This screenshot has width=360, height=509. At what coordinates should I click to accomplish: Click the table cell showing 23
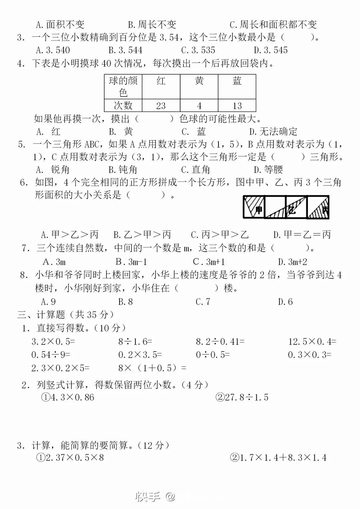pyautogui.click(x=161, y=106)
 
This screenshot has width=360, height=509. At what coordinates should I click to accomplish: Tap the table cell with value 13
pyautogui.click(x=237, y=106)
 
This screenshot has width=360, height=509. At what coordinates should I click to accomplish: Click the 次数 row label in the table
pyautogui.click(x=123, y=106)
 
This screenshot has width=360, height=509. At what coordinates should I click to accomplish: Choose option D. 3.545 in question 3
pyautogui.click(x=271, y=50)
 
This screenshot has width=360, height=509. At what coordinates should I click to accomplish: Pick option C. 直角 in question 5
pyautogui.click(x=196, y=170)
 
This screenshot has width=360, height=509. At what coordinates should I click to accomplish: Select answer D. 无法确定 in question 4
pyautogui.click(x=273, y=131)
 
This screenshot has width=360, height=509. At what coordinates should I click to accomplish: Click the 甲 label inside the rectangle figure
pyautogui.click(x=258, y=210)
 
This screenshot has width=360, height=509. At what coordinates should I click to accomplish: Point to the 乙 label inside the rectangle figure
pyautogui.click(x=292, y=210)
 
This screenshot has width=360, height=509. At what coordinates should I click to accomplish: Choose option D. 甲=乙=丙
pyautogui.click(x=302, y=235)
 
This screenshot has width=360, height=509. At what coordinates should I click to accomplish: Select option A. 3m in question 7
pyautogui.click(x=54, y=262)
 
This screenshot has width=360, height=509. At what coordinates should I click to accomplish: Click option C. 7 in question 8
pyautogui.click(x=203, y=302)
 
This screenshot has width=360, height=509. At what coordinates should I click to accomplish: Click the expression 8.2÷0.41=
pyautogui.click(x=220, y=342)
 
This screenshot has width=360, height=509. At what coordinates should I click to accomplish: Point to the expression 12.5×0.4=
pyautogui.click(x=312, y=342)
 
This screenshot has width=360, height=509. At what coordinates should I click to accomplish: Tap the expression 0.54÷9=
pyautogui.click(x=51, y=355)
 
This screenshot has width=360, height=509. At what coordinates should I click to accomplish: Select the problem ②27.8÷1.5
pyautogui.click(x=242, y=397)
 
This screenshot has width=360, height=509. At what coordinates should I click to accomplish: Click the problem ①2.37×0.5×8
pyautogui.click(x=70, y=458)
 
